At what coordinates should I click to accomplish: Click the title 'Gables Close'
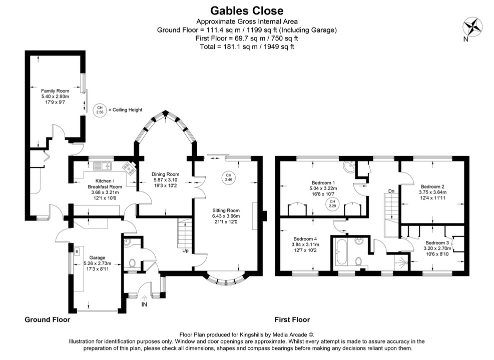tap(246, 10)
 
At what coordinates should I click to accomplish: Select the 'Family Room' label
tap(55, 90)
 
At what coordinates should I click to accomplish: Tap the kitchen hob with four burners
tap(130, 168)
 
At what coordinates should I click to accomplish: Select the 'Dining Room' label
tap(165, 174)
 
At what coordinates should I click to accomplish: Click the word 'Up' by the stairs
tap(186, 250)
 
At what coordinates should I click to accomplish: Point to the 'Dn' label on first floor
tap(391, 191)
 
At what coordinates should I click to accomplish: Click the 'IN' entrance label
tap(145, 304)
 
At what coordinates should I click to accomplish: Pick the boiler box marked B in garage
tap(77, 251)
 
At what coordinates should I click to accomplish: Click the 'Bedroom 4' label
tap(305, 238)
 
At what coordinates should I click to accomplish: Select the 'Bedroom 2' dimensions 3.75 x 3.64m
tap(433, 192)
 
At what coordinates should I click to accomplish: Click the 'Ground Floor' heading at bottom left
tap(47, 319)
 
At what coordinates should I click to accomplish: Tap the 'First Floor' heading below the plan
tap(292, 319)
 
